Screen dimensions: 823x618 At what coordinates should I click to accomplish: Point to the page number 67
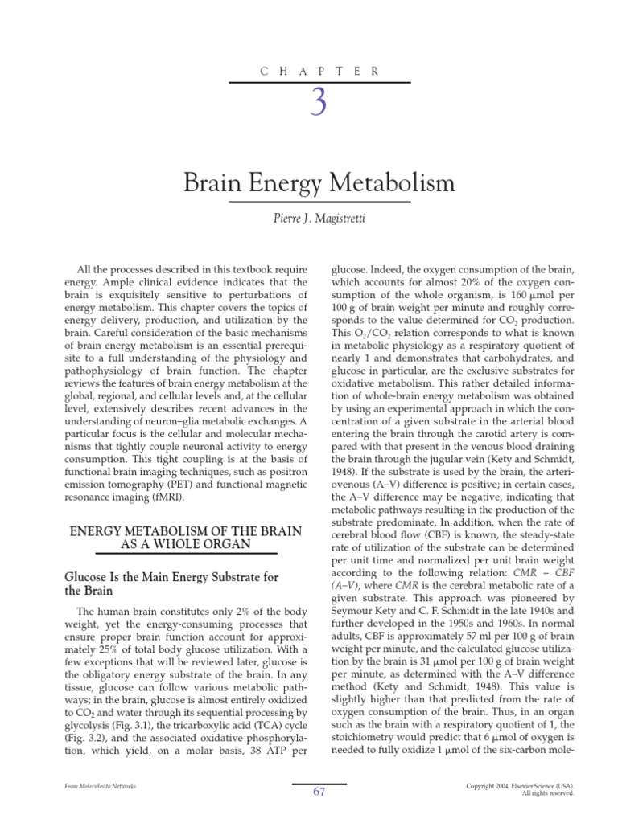pos(319,792)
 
